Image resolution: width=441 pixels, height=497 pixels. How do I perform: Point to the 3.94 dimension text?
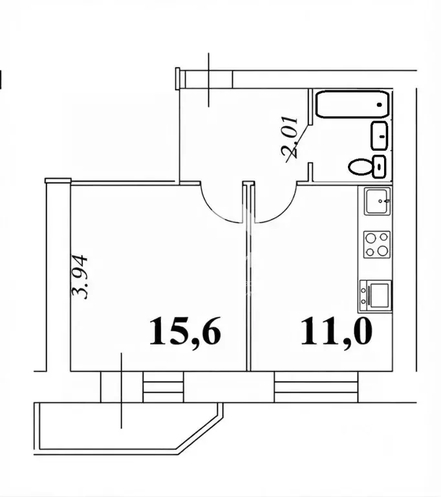79,276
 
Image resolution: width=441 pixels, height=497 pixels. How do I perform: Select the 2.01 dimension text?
290,137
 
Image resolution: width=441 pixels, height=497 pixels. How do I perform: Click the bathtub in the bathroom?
352,105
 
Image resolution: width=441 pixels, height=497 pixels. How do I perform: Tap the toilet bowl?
361,166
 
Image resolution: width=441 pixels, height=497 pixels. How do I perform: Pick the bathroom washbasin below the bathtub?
380,135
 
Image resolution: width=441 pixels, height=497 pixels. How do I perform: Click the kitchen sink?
377,201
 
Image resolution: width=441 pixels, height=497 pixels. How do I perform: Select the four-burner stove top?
377,245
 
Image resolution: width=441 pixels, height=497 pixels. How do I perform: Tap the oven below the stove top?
376,296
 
